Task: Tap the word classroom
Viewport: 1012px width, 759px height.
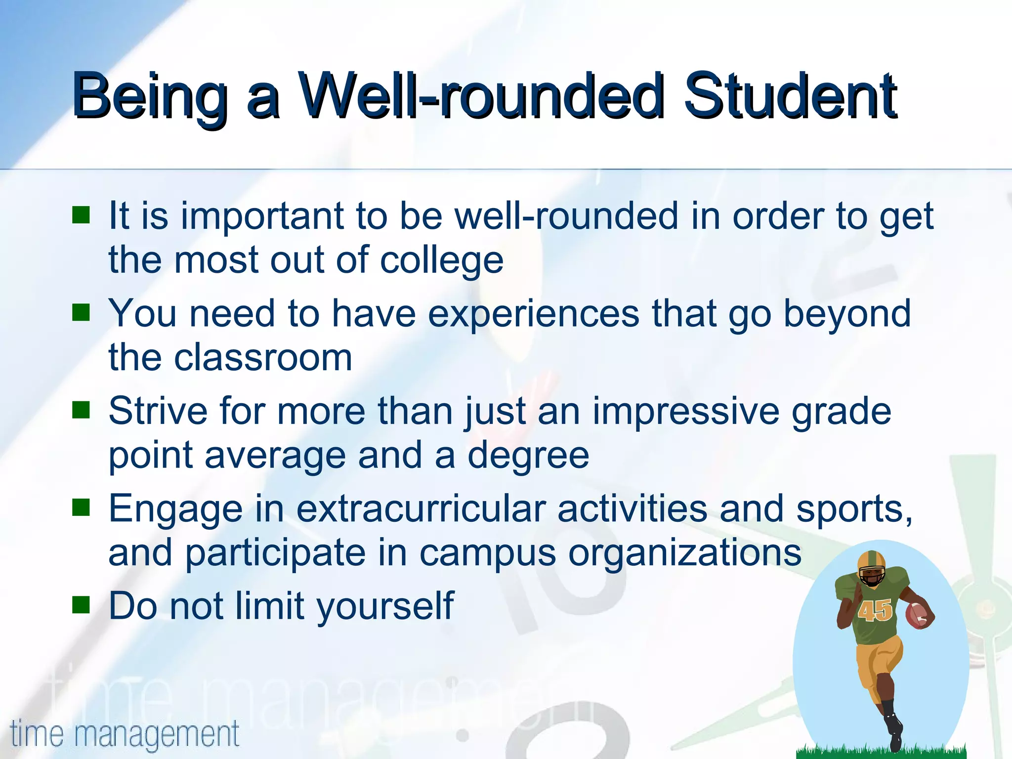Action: tap(262, 357)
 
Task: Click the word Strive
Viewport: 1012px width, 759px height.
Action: tap(158, 411)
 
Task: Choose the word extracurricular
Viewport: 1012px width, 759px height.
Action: tap(421, 508)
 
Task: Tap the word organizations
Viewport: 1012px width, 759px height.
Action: tap(684, 553)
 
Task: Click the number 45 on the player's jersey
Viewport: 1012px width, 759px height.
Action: tap(874, 610)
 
